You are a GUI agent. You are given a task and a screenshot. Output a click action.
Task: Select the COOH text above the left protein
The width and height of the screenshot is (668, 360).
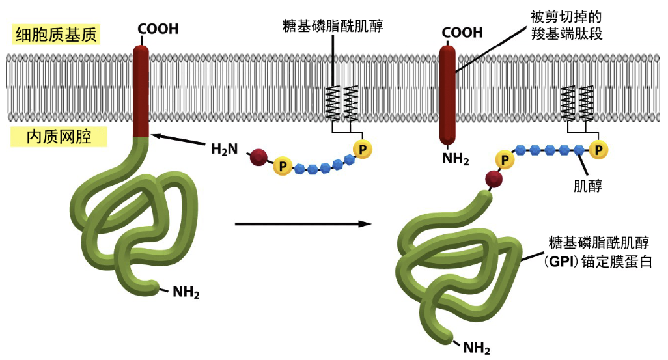[x=157, y=29]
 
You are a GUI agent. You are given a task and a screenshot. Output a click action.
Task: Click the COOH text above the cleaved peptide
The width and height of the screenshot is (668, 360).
[x=462, y=33]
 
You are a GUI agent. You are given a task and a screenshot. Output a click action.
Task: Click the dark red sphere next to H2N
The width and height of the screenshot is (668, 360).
[x=258, y=156]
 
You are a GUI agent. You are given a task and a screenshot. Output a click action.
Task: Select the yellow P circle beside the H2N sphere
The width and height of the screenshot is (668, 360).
[x=282, y=167]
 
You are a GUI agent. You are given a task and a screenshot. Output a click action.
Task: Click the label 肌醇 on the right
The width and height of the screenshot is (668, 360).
[x=587, y=186]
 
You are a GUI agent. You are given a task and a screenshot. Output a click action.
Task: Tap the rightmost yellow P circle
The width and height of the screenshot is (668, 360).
[x=598, y=150]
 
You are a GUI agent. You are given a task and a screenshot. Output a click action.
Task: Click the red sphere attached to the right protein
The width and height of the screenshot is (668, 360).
[x=494, y=179]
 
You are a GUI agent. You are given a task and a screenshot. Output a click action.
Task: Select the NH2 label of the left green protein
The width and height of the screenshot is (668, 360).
[x=186, y=291]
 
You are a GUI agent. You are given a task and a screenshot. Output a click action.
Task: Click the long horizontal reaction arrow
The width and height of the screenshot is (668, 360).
[x=302, y=225]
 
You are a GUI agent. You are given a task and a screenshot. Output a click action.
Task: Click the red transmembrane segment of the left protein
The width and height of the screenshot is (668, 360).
[x=141, y=91]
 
